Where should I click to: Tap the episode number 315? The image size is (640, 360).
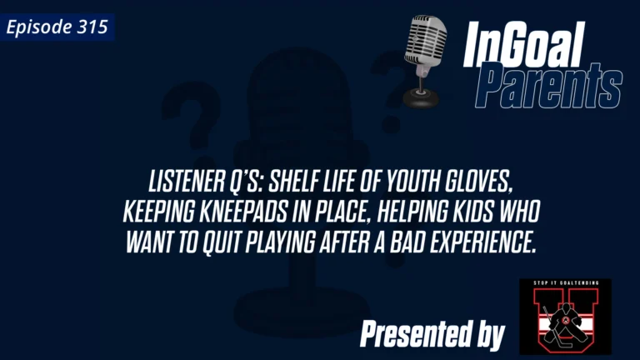pos(93,27)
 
